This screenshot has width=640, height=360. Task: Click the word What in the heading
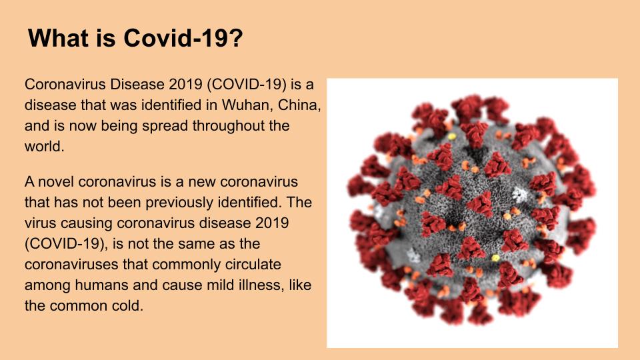point(58,38)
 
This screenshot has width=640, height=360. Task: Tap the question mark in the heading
point(235,38)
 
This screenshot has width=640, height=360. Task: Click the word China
point(299,105)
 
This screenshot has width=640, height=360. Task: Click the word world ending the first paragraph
point(45,146)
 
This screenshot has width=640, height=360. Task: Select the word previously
point(179,202)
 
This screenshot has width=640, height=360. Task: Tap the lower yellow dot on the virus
point(495,257)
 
